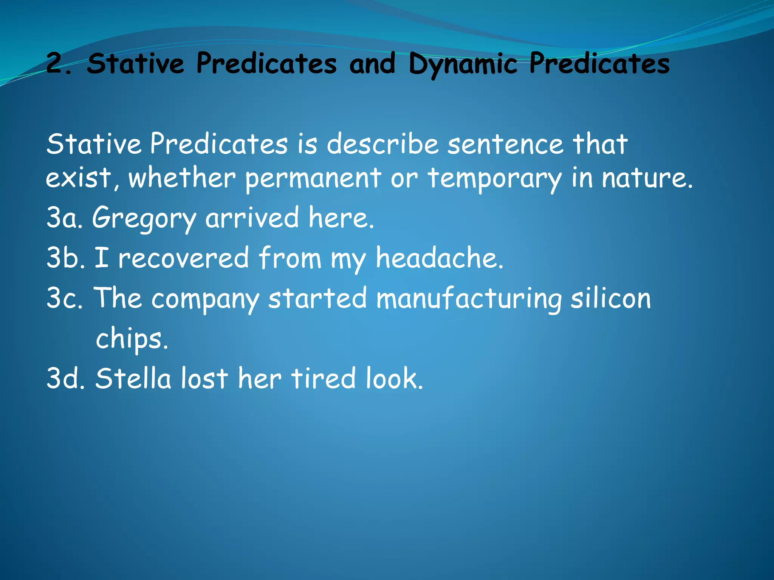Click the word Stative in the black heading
135,63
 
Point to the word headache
439,258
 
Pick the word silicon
611,298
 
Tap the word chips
131,339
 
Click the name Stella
133,378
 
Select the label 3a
64,218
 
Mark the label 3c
64,298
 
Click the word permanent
313,178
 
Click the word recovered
183,258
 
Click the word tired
323,378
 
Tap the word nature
647,178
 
